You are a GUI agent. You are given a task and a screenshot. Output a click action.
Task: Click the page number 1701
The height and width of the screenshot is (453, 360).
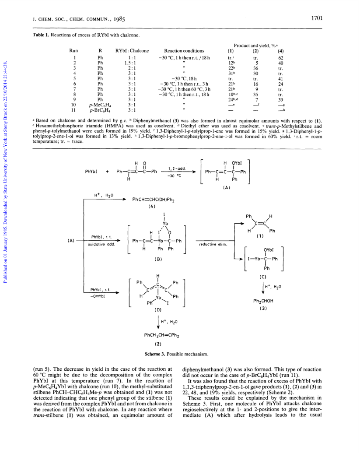click(317, 18)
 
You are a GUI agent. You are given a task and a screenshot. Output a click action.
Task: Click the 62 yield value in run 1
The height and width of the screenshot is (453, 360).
click(281, 58)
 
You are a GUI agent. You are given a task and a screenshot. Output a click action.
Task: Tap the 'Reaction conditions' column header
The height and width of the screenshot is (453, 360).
click(184, 51)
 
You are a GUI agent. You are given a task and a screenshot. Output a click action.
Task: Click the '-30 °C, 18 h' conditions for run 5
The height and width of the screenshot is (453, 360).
click(184, 79)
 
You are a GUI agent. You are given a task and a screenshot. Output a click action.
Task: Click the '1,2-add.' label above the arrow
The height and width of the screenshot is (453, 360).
click(177, 169)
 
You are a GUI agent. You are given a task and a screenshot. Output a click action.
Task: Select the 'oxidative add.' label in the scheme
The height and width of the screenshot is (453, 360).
click(101, 244)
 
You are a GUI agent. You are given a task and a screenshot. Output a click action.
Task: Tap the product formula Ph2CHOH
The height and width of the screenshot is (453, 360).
click(263, 301)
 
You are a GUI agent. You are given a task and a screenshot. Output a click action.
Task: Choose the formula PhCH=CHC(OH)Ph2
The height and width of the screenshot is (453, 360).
click(153, 199)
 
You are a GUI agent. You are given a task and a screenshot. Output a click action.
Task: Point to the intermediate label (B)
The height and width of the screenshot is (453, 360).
click(158, 259)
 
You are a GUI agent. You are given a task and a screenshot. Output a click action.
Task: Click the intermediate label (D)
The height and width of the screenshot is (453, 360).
click(158, 310)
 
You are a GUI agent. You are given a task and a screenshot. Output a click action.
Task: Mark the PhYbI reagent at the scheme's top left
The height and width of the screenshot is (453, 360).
click(91, 171)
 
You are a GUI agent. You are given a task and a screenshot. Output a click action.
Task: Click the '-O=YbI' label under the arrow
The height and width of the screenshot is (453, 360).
click(98, 296)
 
